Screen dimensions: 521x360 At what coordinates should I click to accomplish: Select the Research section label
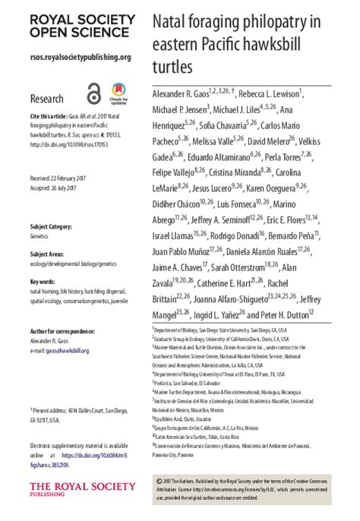pos(46,99)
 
